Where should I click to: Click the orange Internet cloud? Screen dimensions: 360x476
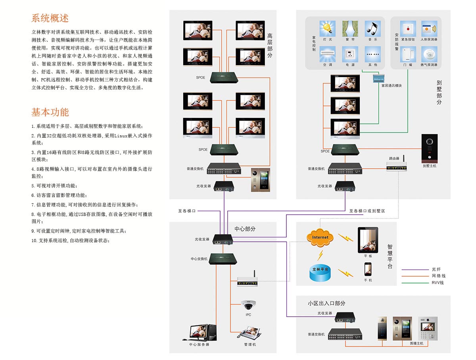[x=320, y=237]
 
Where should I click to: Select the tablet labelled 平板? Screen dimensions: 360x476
[x=368, y=240]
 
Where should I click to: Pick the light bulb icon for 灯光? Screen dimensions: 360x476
[x=327, y=28]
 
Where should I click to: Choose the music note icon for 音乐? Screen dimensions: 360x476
[x=372, y=28]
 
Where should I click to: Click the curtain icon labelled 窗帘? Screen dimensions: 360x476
[x=350, y=28]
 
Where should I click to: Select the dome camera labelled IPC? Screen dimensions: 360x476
[x=249, y=305]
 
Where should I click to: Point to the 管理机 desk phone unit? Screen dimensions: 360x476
[x=249, y=333]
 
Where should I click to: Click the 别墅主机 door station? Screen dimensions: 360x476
[x=430, y=148]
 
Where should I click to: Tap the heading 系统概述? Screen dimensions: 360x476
[x=50, y=18]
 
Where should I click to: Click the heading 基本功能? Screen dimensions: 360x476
[x=50, y=112]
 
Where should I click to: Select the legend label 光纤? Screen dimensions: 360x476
[x=436, y=269]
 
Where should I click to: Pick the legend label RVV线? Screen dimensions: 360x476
[x=438, y=283]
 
